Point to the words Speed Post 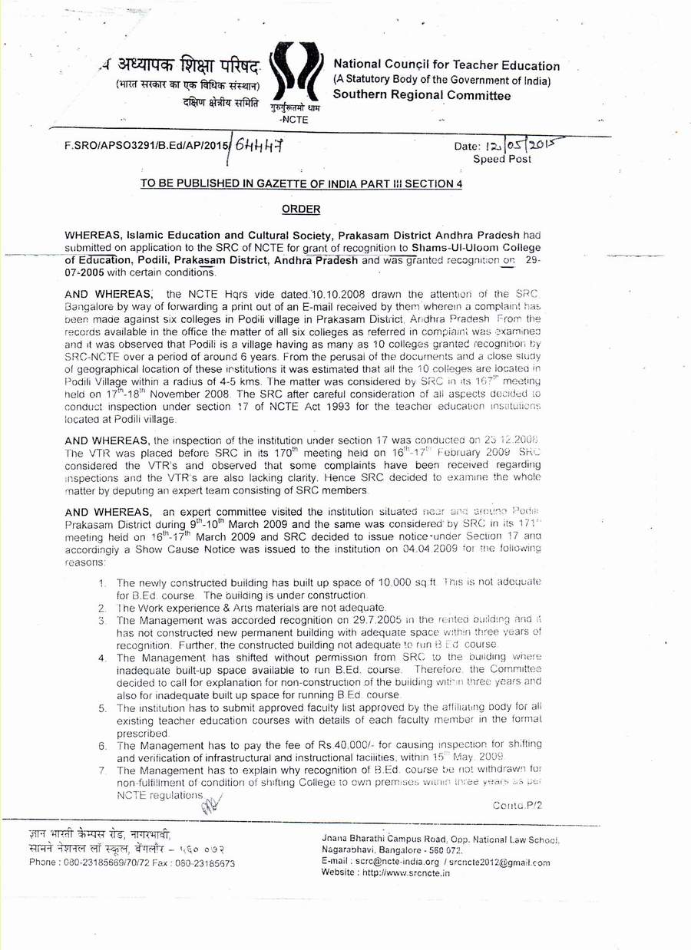(502, 159)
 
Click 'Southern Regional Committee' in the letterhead (422, 96)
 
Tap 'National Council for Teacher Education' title (446, 66)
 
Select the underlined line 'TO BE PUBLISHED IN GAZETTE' (301, 183)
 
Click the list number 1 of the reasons (103, 583)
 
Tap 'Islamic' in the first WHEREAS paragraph (137, 235)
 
